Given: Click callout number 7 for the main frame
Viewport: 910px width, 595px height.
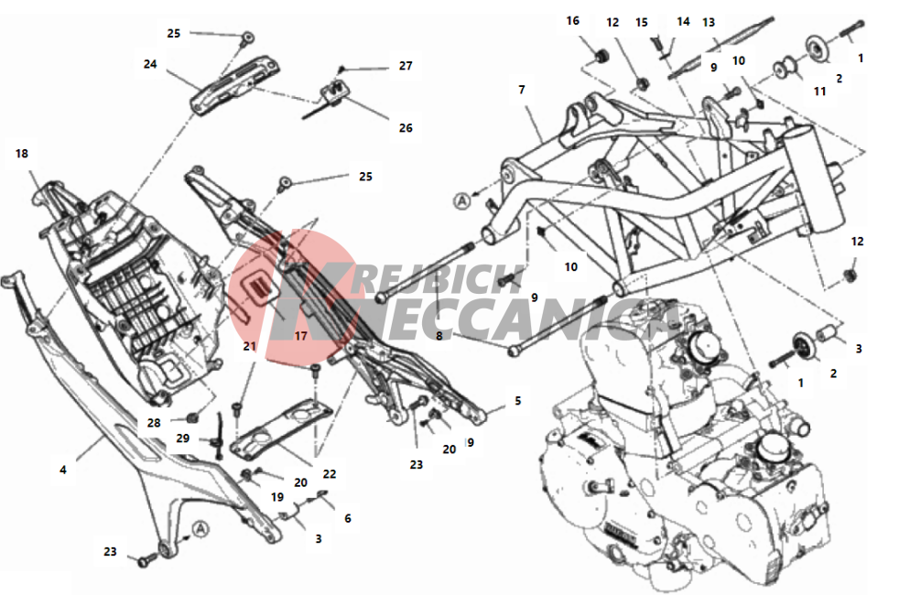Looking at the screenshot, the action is click(521, 90).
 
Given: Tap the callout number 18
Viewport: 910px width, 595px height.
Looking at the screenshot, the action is click(21, 153).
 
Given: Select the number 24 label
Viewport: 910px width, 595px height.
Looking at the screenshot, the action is click(150, 64).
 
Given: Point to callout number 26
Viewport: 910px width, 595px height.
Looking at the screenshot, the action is click(406, 128).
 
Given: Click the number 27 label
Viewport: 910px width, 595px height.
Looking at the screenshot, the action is click(406, 66).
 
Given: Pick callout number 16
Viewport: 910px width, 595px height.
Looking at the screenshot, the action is click(573, 21).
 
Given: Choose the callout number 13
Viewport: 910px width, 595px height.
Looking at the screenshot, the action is click(709, 22).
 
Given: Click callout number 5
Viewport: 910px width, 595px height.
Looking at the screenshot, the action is click(517, 401).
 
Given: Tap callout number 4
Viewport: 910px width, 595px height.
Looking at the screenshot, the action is click(63, 470).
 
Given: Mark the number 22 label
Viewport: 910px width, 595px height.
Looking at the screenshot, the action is click(330, 473).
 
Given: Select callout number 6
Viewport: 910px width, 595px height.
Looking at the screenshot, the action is click(348, 518).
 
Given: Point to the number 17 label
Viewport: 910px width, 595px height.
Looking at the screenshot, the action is click(300, 336).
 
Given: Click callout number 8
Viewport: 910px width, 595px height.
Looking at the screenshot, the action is click(439, 336).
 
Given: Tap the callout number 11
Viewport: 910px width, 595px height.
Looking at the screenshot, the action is click(819, 92).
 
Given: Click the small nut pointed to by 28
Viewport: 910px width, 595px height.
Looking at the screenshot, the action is click(194, 417).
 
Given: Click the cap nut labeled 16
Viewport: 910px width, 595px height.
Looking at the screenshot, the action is click(600, 57).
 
